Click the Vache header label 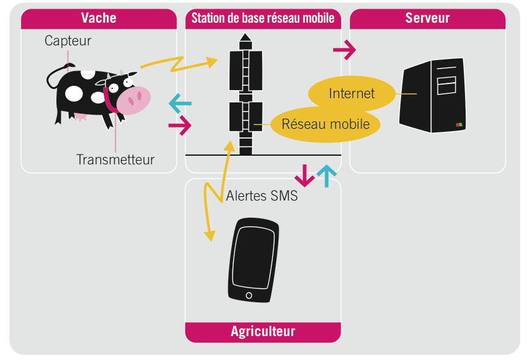(99, 18)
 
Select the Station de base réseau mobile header (263, 18)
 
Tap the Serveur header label (427, 18)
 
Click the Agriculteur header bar (263, 332)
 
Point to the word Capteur (67, 41)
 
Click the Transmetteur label (115, 159)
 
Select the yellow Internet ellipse (351, 93)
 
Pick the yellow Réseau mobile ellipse (325, 124)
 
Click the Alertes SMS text (262, 196)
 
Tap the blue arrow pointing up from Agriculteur (326, 176)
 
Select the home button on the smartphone (248, 296)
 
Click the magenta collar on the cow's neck (109, 99)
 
